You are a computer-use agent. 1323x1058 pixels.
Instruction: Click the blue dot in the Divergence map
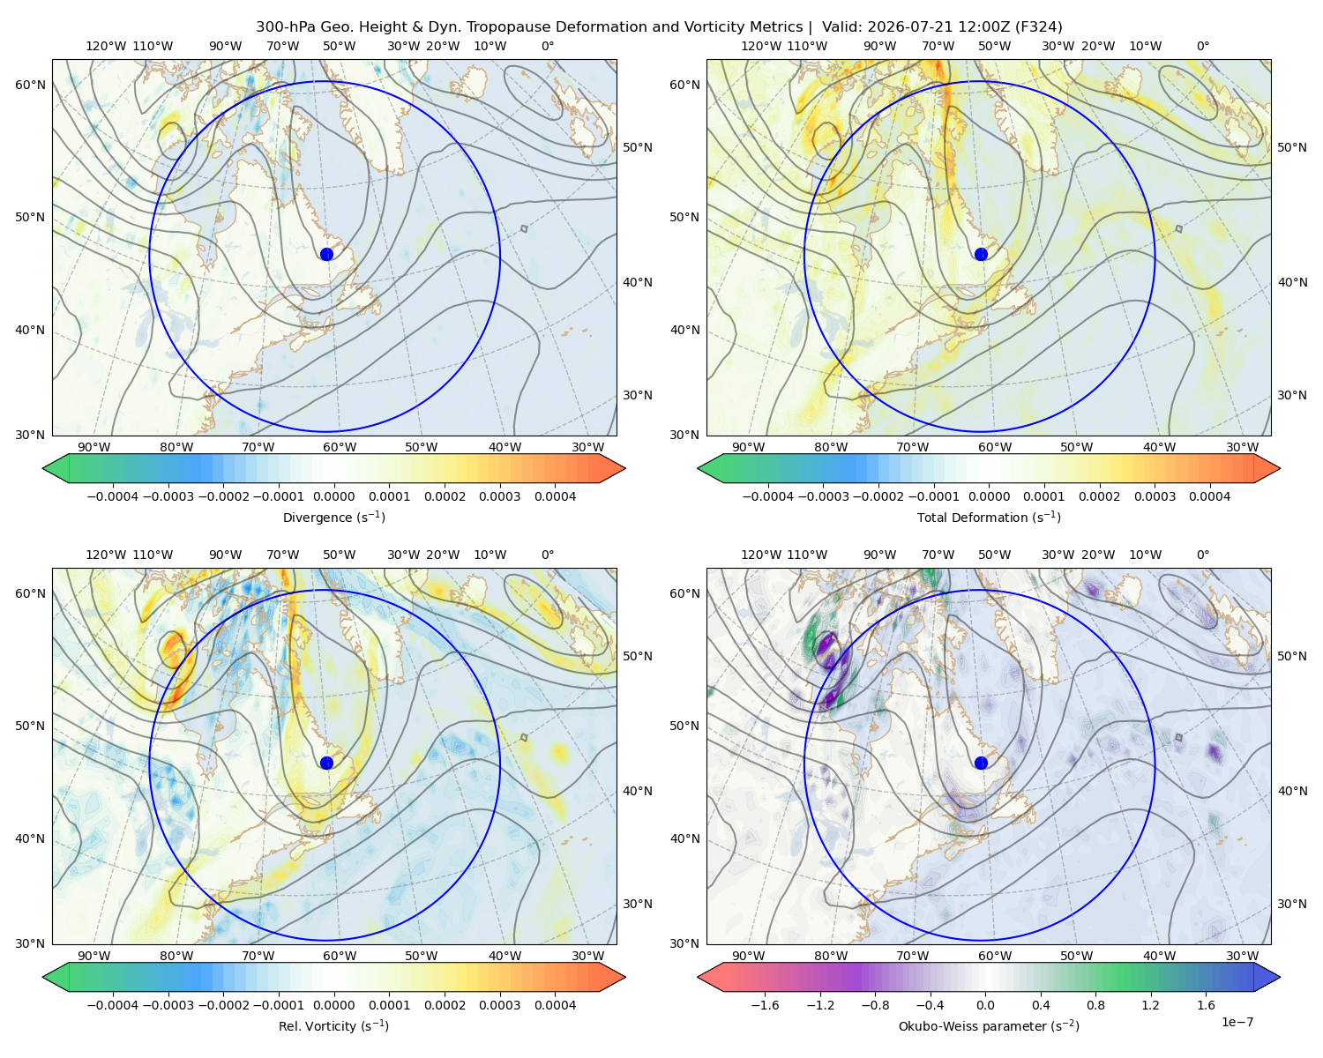(x=326, y=254)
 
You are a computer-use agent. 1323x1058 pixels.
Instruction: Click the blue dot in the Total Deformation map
(x=981, y=254)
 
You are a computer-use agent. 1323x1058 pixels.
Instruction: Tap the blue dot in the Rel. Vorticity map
(x=326, y=763)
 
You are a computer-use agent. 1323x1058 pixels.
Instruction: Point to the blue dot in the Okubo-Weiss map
(x=981, y=763)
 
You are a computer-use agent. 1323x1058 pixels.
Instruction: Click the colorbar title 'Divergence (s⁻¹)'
(x=333, y=517)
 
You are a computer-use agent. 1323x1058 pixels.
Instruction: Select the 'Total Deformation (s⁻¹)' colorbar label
(x=989, y=517)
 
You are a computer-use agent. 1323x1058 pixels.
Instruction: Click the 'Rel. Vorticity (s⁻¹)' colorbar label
(x=333, y=1026)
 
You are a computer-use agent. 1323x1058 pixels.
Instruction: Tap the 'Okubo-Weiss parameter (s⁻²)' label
(x=989, y=1026)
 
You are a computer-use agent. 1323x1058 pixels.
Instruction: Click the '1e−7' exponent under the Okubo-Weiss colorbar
(x=1237, y=1022)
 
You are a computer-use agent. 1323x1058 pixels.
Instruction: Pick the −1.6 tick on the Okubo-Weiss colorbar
(x=765, y=1005)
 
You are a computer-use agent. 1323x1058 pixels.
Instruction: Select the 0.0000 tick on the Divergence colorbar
(x=333, y=496)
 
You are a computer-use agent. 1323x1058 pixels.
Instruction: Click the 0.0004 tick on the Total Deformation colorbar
(x=1210, y=496)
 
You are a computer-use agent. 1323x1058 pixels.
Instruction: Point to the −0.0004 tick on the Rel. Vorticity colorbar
(x=113, y=1005)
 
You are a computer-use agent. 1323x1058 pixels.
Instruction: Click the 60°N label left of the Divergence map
(x=31, y=85)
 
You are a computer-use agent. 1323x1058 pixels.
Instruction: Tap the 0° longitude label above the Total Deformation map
(x=1203, y=46)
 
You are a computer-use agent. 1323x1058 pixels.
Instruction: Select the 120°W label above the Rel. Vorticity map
(x=106, y=555)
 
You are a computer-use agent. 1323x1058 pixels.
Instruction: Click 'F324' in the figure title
(x=1038, y=27)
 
